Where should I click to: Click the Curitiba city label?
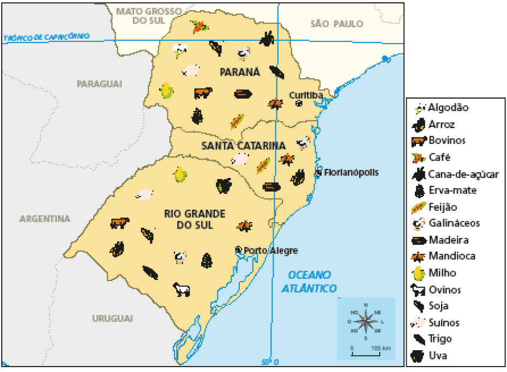(x=306, y=95)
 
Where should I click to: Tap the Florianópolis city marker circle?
(x=319, y=173)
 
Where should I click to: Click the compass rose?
(x=366, y=321)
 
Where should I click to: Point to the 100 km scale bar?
(x=370, y=353)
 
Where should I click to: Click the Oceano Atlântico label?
(x=309, y=281)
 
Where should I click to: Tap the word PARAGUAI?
(x=99, y=84)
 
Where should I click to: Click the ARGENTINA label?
(x=45, y=219)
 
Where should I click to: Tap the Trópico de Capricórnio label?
(x=46, y=37)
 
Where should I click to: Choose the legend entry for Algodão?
(x=448, y=107)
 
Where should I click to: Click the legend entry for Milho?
(x=442, y=273)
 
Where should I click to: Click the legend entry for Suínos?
(x=444, y=322)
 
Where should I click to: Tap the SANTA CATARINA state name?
(x=243, y=145)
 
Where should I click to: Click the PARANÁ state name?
(x=240, y=72)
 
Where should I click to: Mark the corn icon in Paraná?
(x=167, y=90)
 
